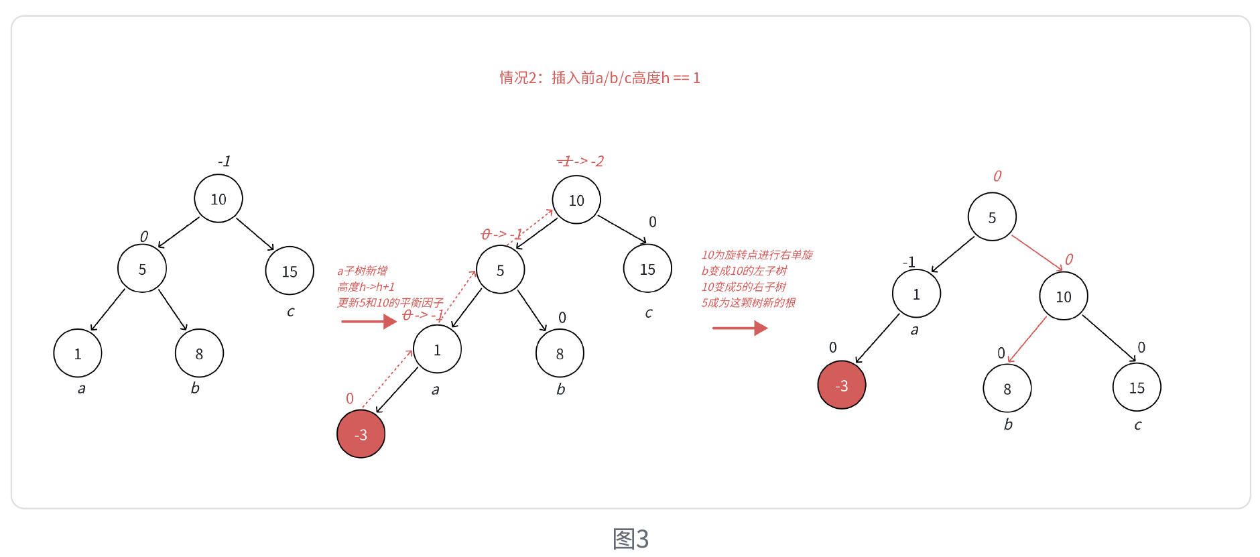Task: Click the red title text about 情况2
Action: [599, 78]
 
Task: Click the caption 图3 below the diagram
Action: [631, 539]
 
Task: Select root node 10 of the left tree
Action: [218, 199]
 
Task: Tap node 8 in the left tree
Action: [199, 353]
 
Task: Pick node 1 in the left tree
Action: [78, 353]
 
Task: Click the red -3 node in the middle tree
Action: [361, 434]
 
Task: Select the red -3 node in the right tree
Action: [842, 385]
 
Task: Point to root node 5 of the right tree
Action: [992, 217]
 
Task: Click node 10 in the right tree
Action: [1063, 296]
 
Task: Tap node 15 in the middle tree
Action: [647, 269]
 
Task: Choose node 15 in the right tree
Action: [1137, 387]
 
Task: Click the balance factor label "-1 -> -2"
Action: [580, 162]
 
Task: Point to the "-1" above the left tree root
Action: [224, 162]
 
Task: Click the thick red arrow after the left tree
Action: [369, 322]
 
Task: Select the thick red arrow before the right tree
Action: [739, 328]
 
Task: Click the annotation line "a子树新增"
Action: [362, 271]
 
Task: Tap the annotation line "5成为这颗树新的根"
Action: [748, 303]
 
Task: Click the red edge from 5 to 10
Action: [1036, 252]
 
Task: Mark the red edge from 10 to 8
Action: [1027, 340]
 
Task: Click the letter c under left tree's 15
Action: [290, 312]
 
